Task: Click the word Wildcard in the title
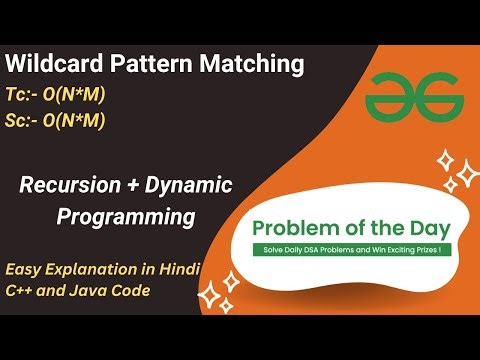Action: [49, 66]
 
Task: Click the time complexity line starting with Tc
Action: [56, 95]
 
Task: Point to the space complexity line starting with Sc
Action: [56, 122]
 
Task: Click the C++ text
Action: [22, 291]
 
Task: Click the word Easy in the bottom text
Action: [24, 268]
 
